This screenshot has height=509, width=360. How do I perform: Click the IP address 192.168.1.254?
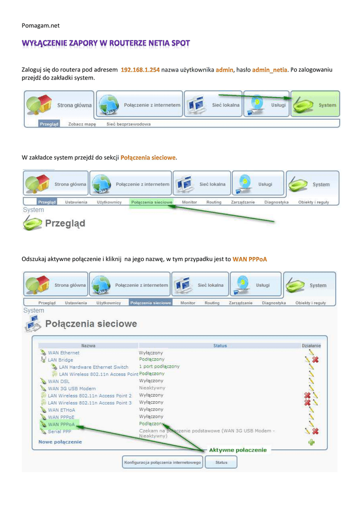pos(141,70)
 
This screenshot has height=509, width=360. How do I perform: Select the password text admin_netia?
pos(270,70)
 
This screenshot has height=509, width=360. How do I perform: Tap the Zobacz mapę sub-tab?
pos(82,124)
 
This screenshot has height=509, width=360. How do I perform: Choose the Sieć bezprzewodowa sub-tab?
pos(128,124)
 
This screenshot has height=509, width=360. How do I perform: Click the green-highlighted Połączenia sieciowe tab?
pos(151,202)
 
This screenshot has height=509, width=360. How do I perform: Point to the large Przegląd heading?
pos(65,223)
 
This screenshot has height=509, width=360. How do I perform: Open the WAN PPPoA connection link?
pos(61,424)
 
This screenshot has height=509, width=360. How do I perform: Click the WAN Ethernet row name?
pos(63,353)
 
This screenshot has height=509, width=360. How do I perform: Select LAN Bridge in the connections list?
pos(60,360)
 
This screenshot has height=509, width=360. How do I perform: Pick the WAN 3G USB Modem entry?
pos(72,389)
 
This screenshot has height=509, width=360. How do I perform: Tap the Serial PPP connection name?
pos(59,431)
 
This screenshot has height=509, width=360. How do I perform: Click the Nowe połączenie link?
pos(60,441)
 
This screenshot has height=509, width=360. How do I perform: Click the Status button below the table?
pos(221,462)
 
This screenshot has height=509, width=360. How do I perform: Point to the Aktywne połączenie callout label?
pos(238,450)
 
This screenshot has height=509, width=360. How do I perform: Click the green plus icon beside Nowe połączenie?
pos(311,442)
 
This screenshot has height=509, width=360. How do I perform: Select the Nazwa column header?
pos(88,345)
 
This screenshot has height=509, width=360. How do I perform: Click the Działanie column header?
pos(311,345)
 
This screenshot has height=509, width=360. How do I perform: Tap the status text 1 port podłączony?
pos(159,367)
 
